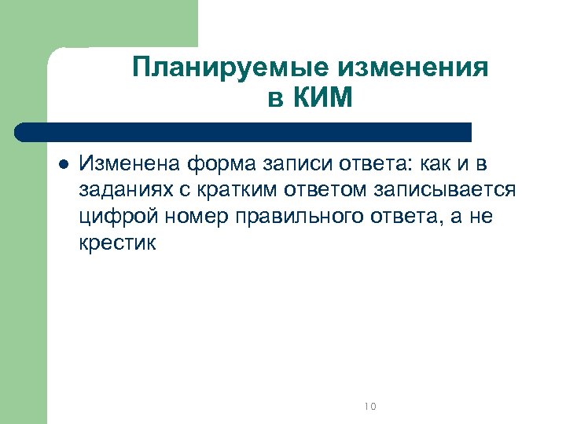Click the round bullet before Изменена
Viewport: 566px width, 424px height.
(64, 165)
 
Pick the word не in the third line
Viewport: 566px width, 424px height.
(479, 217)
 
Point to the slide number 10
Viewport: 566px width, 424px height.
(371, 406)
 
